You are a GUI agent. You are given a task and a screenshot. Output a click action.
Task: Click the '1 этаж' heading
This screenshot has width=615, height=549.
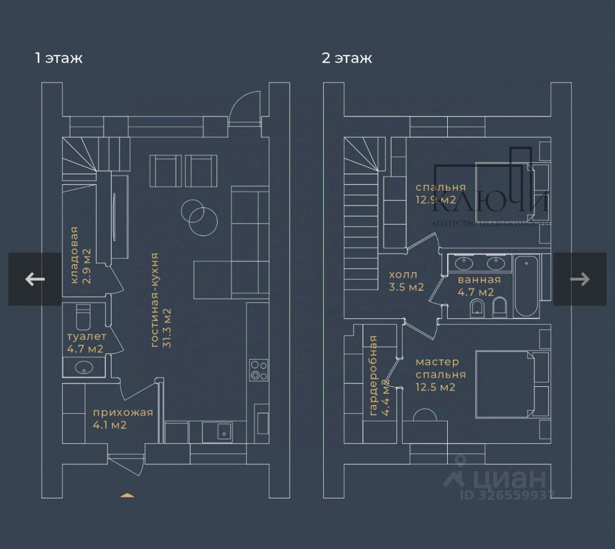tap(58, 58)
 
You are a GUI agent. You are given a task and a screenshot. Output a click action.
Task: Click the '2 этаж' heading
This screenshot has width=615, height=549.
tap(347, 58)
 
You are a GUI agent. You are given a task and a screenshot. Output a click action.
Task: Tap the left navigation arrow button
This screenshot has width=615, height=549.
tap(35, 279)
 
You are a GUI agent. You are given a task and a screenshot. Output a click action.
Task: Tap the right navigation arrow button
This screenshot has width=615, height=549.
tap(580, 279)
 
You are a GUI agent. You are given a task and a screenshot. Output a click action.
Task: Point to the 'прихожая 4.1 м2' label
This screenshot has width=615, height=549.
tap(122, 418)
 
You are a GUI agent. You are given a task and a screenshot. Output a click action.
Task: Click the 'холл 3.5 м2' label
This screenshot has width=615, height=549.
tap(406, 281)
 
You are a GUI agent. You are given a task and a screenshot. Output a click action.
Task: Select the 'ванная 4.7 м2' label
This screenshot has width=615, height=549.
tap(479, 286)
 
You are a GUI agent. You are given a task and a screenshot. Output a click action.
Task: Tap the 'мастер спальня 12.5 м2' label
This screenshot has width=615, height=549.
tap(440, 375)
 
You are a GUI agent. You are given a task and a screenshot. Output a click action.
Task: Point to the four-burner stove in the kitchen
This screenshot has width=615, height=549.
tap(259, 370)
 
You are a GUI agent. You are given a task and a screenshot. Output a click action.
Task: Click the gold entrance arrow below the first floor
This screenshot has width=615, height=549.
tap(127, 495)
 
